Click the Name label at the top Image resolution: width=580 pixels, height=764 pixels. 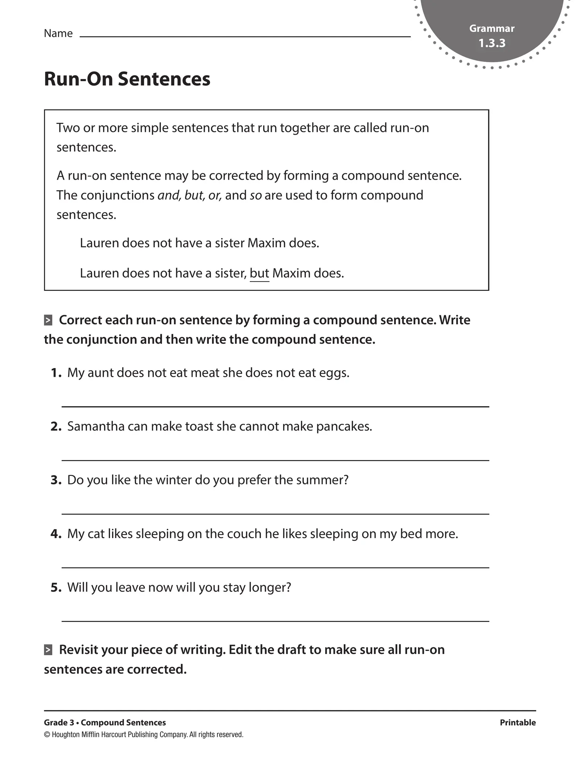pos(58,33)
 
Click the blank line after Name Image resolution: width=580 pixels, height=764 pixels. pos(245,36)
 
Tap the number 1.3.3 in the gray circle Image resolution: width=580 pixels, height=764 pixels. pos(492,43)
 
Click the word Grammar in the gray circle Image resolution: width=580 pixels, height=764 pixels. pos(492,28)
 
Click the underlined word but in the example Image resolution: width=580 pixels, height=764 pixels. pos(259,273)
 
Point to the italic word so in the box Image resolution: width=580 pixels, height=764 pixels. pos(256,195)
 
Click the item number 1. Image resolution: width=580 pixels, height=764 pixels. pos(56,373)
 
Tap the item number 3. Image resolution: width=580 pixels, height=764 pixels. pos(56,480)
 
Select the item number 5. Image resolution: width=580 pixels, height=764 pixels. pos(56,587)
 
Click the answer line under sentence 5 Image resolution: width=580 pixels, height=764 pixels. pos(275,621)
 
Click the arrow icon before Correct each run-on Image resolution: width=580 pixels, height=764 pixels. pos(48,320)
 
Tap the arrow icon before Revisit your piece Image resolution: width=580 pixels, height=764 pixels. pos(48,650)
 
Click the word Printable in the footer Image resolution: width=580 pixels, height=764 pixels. pos(517,722)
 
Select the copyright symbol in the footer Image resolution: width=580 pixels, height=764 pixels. pos(47,735)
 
